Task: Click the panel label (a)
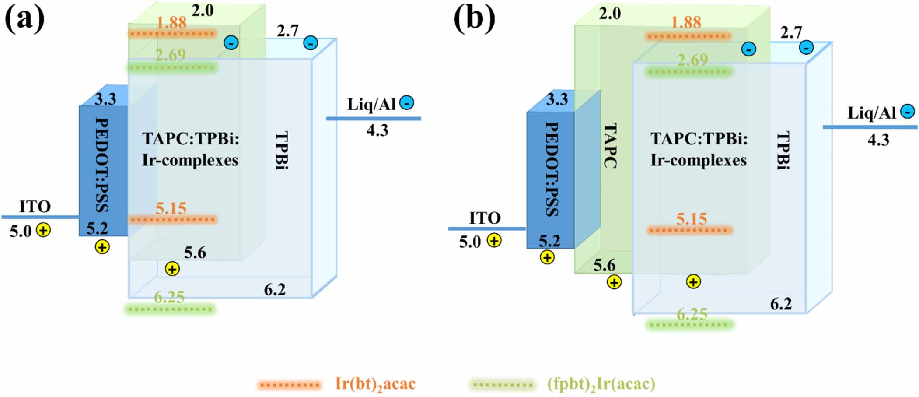(24, 19)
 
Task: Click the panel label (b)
(474, 19)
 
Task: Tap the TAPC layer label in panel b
(610, 146)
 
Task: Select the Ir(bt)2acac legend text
(375, 384)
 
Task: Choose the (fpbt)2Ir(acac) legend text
(601, 384)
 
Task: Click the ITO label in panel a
(35, 206)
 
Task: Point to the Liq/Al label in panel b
(871, 113)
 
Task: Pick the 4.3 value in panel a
(377, 130)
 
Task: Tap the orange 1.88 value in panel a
(171, 23)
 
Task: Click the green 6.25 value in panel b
(692, 314)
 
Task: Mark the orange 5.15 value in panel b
(691, 218)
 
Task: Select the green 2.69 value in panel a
(171, 55)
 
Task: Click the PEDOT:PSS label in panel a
(102, 165)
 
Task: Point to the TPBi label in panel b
(783, 151)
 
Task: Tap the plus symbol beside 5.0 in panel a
(43, 230)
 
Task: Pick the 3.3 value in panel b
(557, 100)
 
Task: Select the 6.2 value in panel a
(275, 290)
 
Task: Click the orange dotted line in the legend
(289, 385)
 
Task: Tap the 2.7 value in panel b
(791, 32)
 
